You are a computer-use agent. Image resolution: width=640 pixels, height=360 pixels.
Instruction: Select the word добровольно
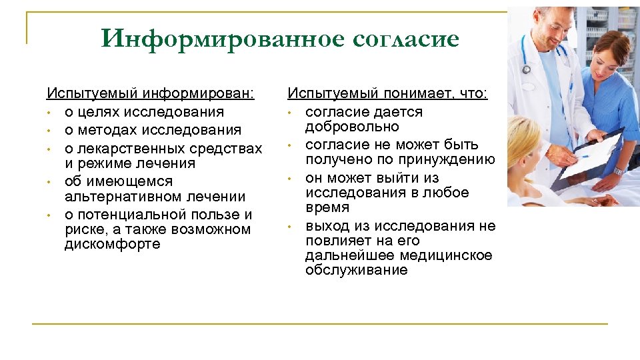pyautogui.click(x=352, y=127)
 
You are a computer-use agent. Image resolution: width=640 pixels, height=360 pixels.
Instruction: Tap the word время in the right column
pyautogui.click(x=327, y=207)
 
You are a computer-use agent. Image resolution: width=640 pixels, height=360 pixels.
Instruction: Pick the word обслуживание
pyautogui.click(x=356, y=270)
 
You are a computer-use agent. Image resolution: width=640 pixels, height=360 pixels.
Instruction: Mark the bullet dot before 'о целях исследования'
pyautogui.click(x=49, y=112)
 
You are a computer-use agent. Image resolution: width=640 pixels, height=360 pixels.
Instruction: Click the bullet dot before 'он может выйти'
pyautogui.click(x=290, y=179)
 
